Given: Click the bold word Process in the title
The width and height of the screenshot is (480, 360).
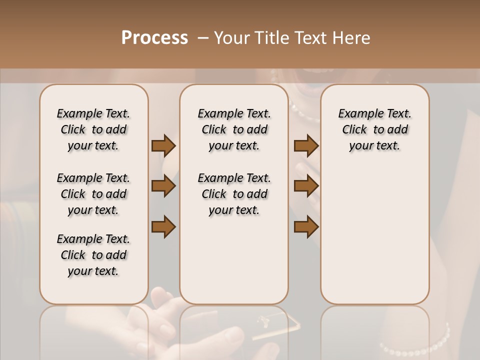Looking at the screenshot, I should pos(154,38).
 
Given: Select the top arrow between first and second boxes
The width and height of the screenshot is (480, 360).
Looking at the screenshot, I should pos(163,146).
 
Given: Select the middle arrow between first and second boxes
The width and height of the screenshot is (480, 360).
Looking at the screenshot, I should pos(163,186).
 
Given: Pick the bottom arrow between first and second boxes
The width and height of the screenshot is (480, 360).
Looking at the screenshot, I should pos(163,227).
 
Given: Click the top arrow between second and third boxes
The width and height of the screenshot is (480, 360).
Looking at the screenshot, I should pos(306,146).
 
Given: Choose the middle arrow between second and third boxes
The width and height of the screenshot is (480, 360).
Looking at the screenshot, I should pos(306,186).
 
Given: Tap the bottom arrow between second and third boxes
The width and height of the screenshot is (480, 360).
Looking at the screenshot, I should pos(306,227).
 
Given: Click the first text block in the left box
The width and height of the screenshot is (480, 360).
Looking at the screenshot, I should pos(93,129).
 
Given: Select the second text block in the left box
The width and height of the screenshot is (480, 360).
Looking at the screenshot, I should pos(93,194).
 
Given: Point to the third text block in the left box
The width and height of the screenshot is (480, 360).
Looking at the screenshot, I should pos(93,255).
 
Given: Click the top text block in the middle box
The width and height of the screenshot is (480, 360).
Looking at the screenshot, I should pos(234,129).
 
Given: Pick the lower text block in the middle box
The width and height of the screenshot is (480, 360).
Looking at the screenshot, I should pos(234,194).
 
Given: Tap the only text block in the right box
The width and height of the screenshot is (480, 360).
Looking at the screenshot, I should pos(374,129).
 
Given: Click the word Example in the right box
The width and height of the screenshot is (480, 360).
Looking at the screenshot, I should pos(356,114).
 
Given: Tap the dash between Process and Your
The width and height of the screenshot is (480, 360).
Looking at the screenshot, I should pos(202,38).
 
